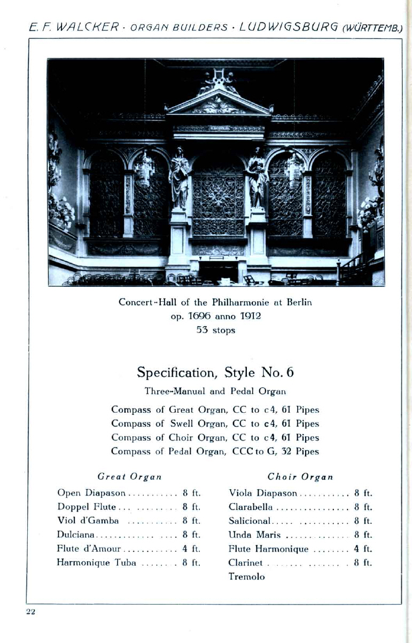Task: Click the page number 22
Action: (x=30, y=611)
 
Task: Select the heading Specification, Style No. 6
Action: (x=215, y=372)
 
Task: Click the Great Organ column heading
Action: (x=129, y=476)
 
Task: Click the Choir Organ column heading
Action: (x=300, y=476)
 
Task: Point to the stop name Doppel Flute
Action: (x=83, y=507)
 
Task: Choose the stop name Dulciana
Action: (x=76, y=535)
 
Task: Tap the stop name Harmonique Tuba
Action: (x=96, y=562)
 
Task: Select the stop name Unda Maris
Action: (x=254, y=535)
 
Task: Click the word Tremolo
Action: (x=246, y=577)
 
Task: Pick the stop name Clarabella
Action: (x=251, y=507)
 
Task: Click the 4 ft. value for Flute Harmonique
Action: (x=363, y=548)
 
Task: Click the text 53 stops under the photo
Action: (x=216, y=330)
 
